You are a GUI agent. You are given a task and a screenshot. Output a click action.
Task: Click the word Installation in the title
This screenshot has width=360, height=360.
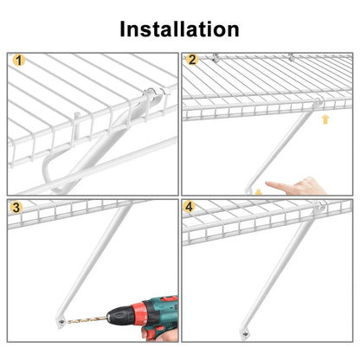click(179, 29)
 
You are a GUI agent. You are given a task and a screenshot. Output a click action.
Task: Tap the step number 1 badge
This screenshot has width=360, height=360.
click(19, 61)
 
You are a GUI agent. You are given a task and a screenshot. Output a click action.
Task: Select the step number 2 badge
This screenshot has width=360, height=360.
click(192, 60)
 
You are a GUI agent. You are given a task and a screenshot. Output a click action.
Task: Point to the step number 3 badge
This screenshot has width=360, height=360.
click(16, 207)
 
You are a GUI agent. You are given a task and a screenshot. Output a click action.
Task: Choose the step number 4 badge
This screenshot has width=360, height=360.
click(189, 207)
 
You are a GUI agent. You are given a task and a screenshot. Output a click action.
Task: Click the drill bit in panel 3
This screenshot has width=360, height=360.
click(87, 319)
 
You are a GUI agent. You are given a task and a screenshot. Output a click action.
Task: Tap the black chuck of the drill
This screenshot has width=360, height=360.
click(118, 317)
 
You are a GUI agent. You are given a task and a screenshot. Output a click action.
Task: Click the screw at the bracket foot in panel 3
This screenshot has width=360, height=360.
click(61, 322)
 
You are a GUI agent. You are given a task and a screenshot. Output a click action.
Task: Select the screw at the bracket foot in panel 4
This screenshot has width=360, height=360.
click(245, 334)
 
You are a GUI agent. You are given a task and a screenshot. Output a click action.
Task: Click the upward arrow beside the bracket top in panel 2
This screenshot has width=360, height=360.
click(325, 119)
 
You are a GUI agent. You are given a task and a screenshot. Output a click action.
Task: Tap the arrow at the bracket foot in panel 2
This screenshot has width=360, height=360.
click(259, 192)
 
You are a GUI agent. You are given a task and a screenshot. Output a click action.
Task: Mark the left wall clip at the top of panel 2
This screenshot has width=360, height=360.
click(215, 57)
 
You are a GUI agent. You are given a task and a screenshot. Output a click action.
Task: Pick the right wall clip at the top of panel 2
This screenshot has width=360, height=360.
click(292, 57)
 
